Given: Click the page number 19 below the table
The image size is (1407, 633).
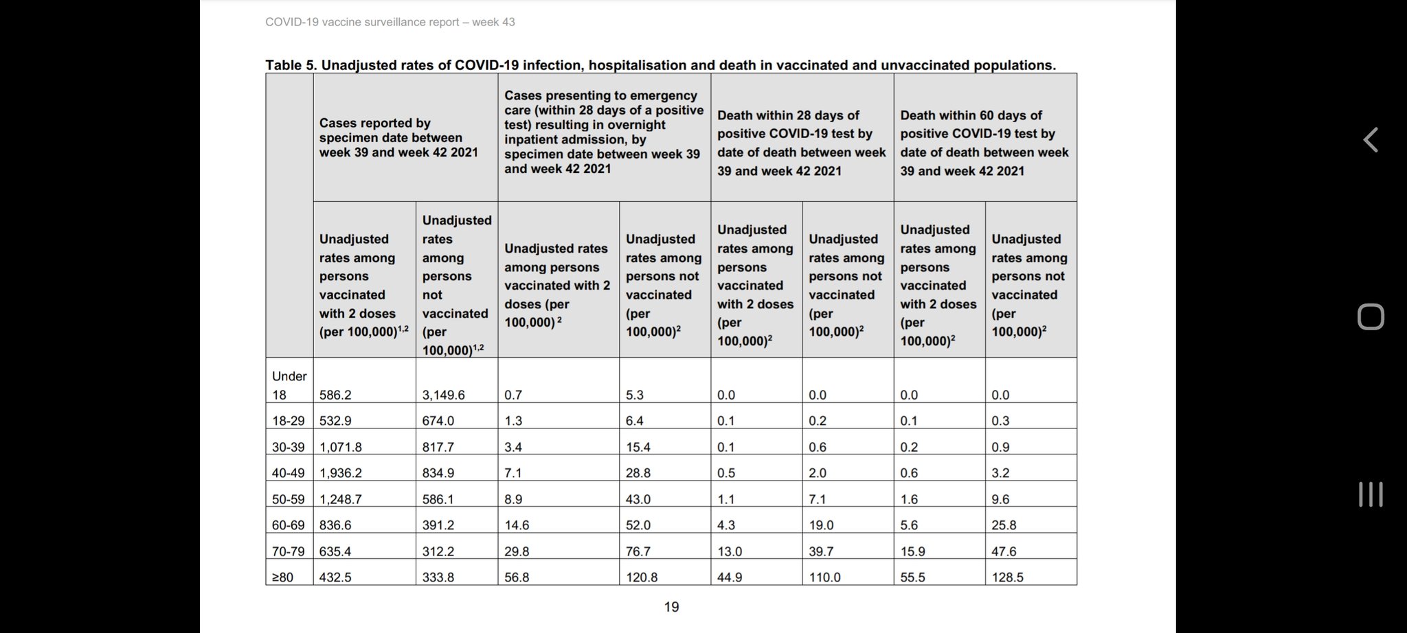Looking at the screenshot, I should tap(671, 607).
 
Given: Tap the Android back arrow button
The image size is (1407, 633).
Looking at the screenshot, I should tap(1370, 140).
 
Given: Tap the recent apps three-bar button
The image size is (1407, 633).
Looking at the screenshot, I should tap(1370, 494).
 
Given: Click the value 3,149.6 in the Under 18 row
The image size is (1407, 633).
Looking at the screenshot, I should tap(443, 395).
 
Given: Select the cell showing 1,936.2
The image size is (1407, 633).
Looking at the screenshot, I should tap(341, 473).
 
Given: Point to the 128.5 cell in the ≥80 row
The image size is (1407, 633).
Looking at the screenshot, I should tap(1007, 577).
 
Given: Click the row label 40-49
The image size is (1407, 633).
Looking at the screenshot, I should tap(288, 473).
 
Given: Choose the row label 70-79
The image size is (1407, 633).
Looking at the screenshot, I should tap(288, 551).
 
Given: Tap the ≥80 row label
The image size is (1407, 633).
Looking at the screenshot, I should tap(282, 577).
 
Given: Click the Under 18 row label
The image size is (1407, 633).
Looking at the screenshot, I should tap(289, 385).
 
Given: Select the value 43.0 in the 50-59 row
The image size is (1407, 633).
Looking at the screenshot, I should tap(638, 499).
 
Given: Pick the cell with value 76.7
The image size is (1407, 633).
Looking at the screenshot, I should tap(638, 551).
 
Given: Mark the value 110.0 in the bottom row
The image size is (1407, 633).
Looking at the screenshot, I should tap(824, 577).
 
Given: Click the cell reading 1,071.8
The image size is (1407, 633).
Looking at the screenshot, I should tap(341, 447).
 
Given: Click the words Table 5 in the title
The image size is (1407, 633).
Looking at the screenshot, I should tap(291, 65).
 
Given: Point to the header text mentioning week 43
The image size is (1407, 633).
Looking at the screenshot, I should tap(390, 22).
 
